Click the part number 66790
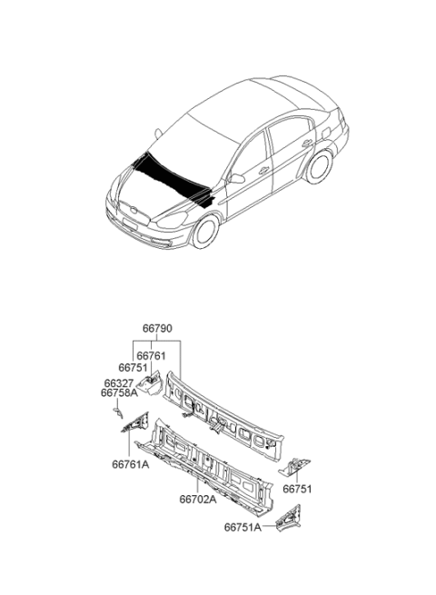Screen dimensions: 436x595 click(x=157, y=328)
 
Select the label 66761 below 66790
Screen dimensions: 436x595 click(x=151, y=355)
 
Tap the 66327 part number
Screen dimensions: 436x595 click(x=119, y=382)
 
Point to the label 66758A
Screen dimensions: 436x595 click(x=119, y=392)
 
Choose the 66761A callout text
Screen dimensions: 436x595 click(x=131, y=464)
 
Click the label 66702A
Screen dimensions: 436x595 click(x=198, y=499)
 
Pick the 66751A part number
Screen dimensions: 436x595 click(x=243, y=527)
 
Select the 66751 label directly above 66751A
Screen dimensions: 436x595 click(x=297, y=489)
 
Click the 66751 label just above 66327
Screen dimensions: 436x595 click(x=133, y=367)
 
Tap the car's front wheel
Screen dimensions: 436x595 click(x=206, y=231)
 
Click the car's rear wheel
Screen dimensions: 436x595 click(x=320, y=166)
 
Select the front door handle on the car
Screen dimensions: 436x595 click(x=263, y=171)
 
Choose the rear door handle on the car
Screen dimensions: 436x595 click(x=307, y=143)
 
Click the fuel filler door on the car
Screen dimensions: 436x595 click(x=325, y=132)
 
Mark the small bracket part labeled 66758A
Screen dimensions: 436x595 click(x=118, y=412)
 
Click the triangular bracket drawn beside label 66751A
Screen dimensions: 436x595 click(x=289, y=518)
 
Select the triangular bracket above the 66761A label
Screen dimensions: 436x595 click(x=135, y=422)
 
